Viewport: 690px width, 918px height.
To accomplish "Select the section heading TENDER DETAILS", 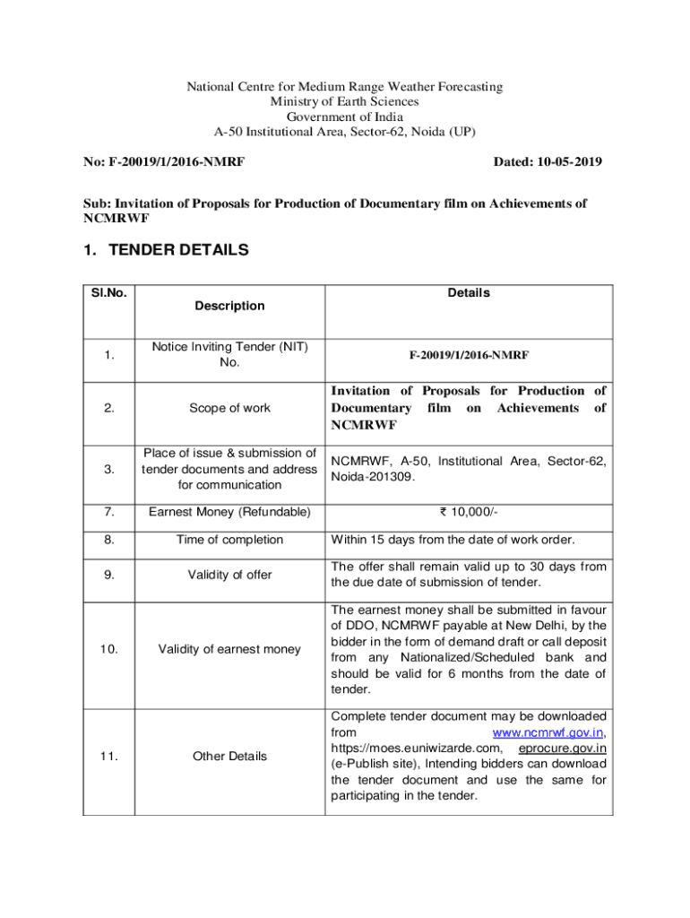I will tap(178, 250).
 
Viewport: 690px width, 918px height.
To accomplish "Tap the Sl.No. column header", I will tap(108, 292).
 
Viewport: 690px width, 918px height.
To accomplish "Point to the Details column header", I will tap(469, 292).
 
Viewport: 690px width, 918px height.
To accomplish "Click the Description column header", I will tap(229, 306).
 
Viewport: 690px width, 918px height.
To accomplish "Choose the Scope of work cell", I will tap(229, 408).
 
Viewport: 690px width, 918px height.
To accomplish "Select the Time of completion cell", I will tap(229, 540).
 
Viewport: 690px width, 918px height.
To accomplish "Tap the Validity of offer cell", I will tap(229, 575).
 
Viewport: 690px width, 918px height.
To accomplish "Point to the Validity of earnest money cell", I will tap(229, 649).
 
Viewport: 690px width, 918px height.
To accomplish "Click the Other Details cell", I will tap(229, 756).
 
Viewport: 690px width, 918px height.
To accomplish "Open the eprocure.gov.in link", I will tap(564, 748).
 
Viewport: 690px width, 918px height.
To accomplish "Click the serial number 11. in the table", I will tap(108, 756).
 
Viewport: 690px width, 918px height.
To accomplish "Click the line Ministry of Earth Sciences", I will tap(344, 101).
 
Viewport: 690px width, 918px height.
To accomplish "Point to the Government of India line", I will tap(344, 117).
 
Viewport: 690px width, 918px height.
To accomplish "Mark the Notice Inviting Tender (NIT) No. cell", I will tap(229, 355).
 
